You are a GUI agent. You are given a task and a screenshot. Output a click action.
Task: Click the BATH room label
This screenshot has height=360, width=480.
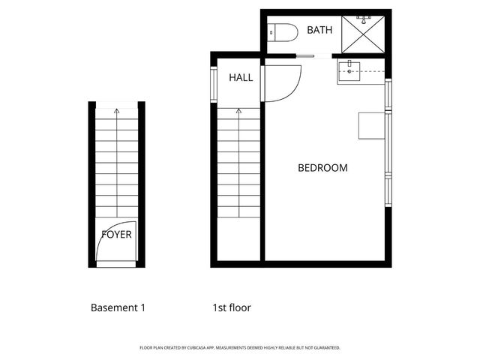(319, 31)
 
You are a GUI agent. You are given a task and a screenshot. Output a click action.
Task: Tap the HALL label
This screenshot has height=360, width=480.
(241, 77)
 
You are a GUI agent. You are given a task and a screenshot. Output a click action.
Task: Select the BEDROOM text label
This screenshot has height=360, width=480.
(322, 168)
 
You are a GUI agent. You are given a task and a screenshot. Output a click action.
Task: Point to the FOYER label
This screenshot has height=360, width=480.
(116, 234)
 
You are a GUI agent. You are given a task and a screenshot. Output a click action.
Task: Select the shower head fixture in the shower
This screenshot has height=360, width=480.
(363, 20)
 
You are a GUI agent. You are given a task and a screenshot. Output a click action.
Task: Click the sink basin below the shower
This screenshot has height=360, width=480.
(349, 73)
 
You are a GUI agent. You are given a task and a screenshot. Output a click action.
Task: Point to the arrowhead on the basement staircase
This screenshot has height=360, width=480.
(116, 111)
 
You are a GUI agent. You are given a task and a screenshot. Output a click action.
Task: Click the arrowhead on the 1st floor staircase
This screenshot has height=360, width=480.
(238, 111)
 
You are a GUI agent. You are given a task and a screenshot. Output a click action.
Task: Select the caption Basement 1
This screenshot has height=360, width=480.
(118, 307)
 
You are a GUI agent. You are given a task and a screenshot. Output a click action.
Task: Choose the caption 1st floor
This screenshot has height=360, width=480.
(232, 307)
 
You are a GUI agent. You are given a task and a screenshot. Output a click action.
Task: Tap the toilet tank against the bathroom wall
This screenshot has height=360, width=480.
(272, 32)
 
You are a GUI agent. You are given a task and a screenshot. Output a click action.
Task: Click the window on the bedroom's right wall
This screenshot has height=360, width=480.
(388, 142)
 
